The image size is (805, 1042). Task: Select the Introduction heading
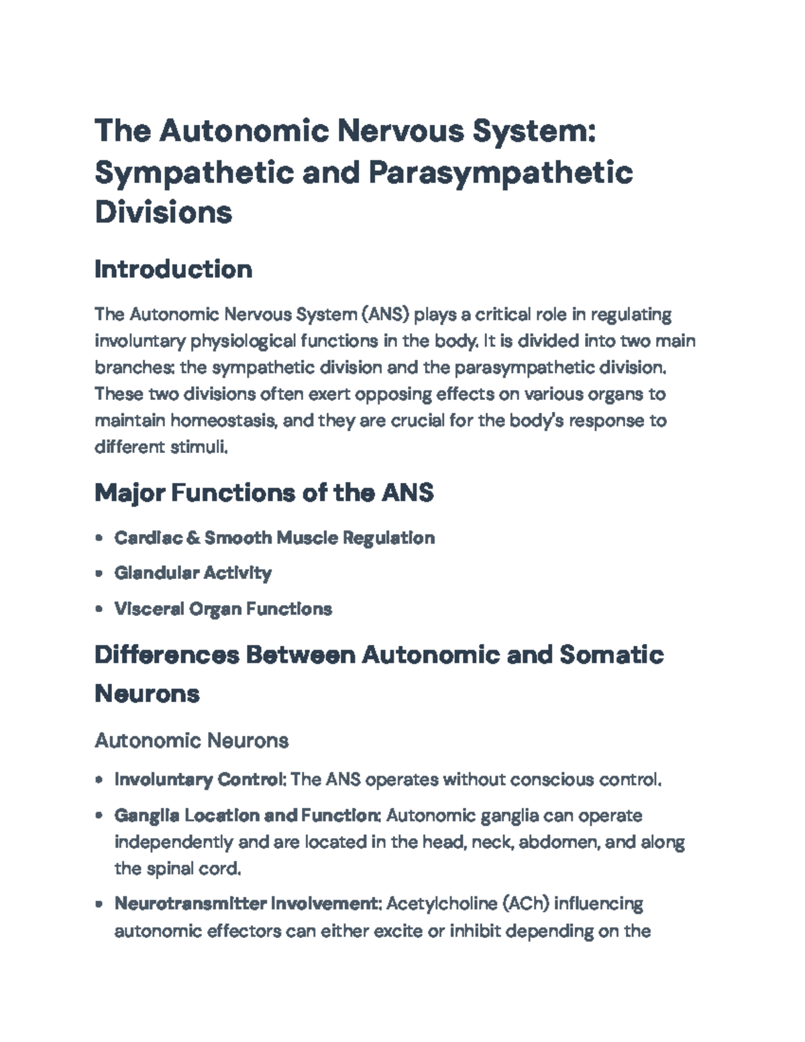(174, 269)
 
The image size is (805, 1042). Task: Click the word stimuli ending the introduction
(199, 447)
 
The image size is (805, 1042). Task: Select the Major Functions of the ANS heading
(264, 493)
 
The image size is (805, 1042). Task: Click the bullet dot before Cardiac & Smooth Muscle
(99, 538)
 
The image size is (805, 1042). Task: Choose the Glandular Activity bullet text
(193, 573)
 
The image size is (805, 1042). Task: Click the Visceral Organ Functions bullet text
(223, 609)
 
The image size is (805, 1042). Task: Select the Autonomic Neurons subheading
(192, 740)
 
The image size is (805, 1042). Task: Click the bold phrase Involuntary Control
(199, 780)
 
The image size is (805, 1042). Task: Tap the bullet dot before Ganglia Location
(99, 816)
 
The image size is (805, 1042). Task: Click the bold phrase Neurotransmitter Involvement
(246, 904)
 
